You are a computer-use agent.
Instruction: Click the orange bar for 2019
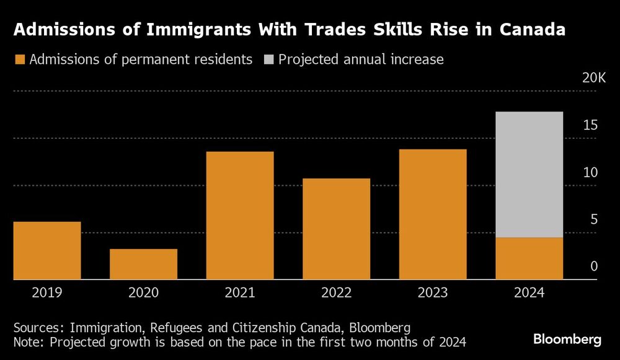[x=47, y=250]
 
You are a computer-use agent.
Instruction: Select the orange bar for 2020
[x=144, y=264]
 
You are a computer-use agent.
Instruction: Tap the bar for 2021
[x=240, y=216]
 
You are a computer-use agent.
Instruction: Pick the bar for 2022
[x=337, y=229]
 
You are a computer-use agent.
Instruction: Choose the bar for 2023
[x=433, y=214]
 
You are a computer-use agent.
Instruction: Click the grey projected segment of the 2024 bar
[x=529, y=174]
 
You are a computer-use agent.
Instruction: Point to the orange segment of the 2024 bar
[x=529, y=258]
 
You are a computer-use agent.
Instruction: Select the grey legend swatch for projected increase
[x=268, y=60]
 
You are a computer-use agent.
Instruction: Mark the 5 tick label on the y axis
[x=593, y=219]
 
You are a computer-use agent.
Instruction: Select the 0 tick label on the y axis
[x=593, y=266]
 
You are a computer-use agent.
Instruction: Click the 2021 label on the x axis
[x=240, y=292]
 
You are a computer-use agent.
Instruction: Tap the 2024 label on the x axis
[x=529, y=292]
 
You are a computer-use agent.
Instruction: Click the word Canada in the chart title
[x=529, y=30]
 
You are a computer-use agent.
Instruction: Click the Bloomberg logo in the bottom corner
[x=567, y=340]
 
